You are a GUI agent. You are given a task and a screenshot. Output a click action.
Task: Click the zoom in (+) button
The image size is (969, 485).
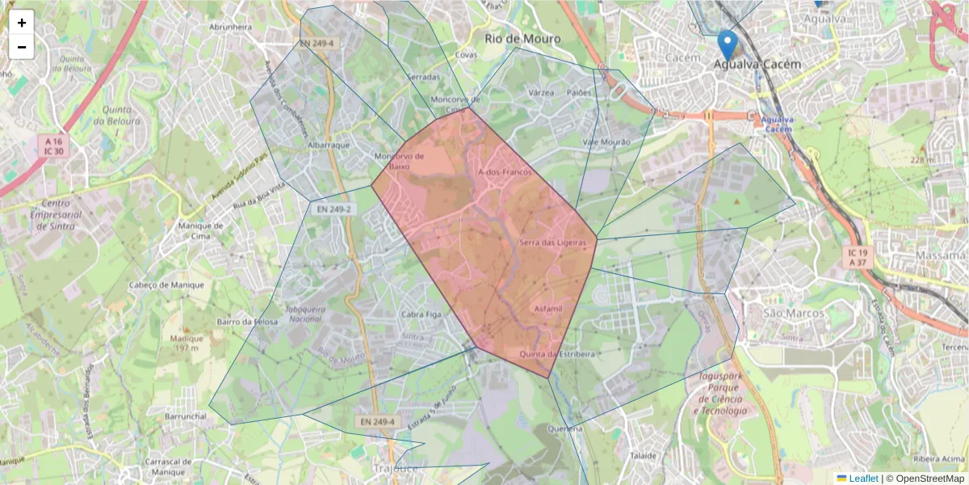point(22,23)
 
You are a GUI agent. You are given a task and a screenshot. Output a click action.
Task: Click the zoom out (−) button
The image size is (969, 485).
point(22,47)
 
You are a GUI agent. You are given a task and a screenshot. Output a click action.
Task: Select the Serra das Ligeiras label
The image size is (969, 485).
point(552,242)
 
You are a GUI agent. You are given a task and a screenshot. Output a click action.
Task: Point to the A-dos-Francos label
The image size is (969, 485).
point(505,173)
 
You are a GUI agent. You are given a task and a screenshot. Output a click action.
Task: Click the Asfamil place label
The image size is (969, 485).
point(547,309)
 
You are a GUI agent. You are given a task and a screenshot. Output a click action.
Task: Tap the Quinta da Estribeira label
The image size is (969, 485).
point(557,354)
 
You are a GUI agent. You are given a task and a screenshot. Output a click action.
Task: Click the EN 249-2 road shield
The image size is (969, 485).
point(333,209)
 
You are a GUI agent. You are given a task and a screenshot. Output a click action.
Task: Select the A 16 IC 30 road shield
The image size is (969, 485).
point(54,146)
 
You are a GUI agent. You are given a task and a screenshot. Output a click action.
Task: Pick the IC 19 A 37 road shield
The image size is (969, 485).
point(857,257)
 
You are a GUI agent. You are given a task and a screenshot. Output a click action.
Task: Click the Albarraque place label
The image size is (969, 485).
point(329,145)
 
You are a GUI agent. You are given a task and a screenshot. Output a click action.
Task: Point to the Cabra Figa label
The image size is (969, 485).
point(422,314)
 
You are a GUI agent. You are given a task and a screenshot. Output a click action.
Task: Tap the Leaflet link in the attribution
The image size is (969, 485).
point(863,479)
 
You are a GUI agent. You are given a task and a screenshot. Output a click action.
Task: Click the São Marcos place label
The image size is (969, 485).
point(794,314)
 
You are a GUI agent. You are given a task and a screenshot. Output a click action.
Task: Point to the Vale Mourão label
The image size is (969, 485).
point(606,142)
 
